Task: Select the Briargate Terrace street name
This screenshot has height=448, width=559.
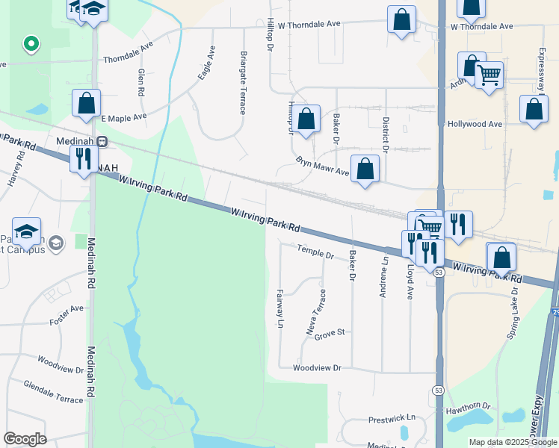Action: point(244,82)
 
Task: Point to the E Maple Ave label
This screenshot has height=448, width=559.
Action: point(123,118)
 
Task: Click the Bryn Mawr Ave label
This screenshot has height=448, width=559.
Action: point(322,167)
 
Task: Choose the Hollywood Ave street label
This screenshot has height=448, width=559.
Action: point(474,124)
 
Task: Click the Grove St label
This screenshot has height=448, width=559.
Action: point(329,332)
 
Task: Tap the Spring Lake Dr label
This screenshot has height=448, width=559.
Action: point(513,313)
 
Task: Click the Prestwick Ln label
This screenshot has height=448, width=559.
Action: point(392,419)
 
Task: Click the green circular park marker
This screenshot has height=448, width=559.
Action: point(31,45)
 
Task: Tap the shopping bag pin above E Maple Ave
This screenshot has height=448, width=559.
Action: point(87,105)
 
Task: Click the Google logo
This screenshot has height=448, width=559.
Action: point(25,439)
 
